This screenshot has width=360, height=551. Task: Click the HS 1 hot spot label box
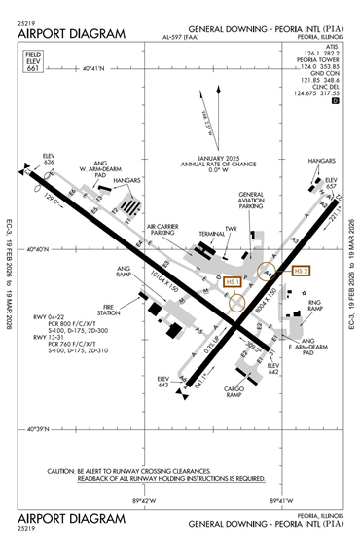232,281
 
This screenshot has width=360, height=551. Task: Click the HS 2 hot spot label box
294,270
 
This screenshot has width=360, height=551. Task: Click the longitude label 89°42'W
143,499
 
